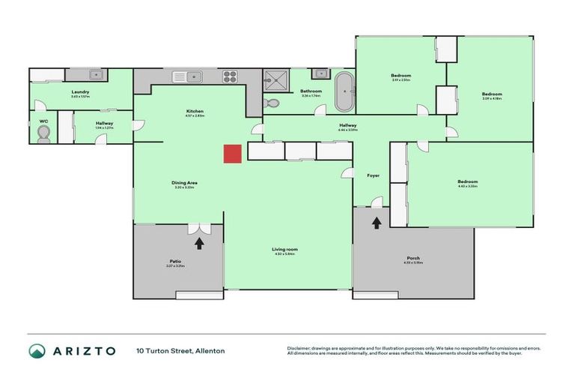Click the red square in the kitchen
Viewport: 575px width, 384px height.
[x=232, y=153]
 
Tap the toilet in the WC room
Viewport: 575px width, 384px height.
[x=43, y=132]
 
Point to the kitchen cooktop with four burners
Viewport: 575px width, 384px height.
[x=230, y=76]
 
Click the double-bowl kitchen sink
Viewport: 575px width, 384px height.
[x=189, y=76]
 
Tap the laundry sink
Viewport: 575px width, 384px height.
[x=96, y=74]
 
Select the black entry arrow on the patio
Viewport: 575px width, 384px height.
[x=199, y=242]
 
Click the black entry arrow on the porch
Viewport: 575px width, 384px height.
[x=376, y=222]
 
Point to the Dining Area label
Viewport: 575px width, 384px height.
[x=184, y=182]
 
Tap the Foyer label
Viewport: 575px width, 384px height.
[x=373, y=175]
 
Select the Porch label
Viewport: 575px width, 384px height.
[x=413, y=258]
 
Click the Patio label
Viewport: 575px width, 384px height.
[x=175, y=261]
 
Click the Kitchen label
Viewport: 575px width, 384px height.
[x=195, y=111]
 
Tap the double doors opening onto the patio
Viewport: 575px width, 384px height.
[x=199, y=227]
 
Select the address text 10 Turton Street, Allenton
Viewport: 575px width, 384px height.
[x=180, y=350]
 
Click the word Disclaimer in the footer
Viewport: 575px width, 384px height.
[x=299, y=348]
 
